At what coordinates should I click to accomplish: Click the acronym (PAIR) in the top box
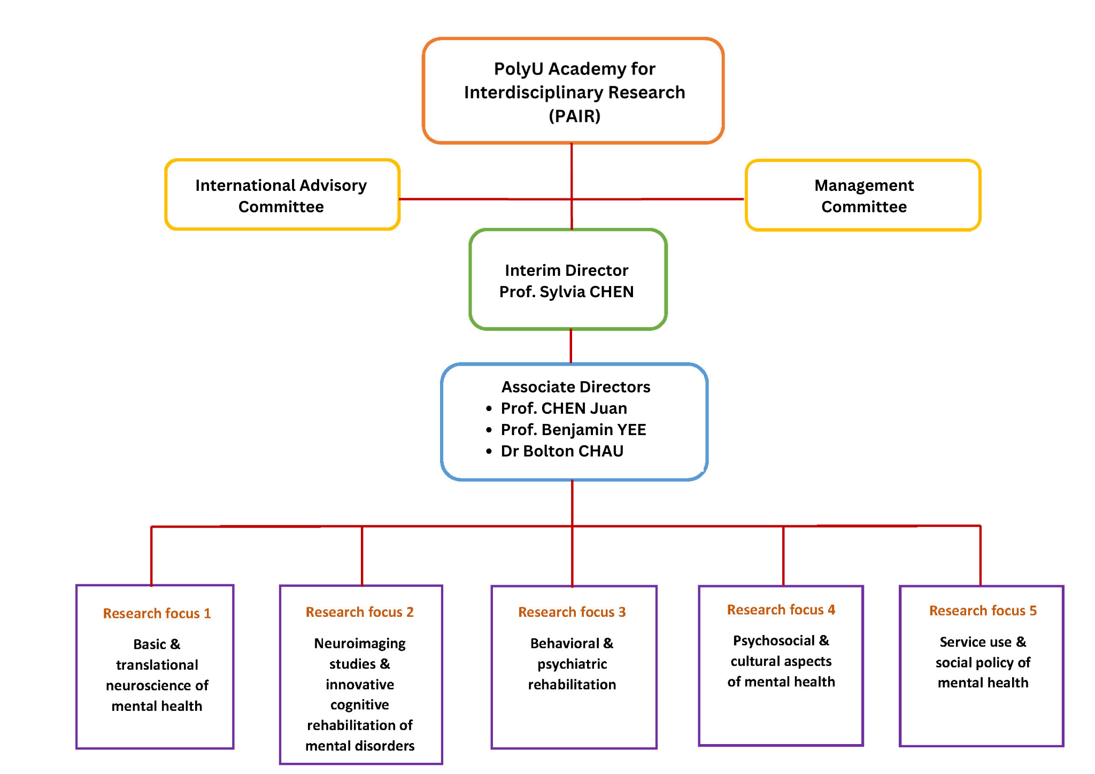[574, 116]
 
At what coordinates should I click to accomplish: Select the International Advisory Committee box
[282, 195]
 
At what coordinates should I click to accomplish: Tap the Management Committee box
[863, 195]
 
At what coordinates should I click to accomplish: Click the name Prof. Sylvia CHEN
[566, 292]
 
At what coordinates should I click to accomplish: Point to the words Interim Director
[566, 270]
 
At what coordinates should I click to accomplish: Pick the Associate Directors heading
[575, 387]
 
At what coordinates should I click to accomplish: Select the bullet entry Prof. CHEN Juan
[564, 408]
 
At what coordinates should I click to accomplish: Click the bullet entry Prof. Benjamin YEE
[573, 430]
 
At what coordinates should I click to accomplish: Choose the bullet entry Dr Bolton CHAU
[562, 451]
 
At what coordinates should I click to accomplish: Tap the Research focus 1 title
[157, 613]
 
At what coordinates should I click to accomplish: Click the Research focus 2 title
[359, 612]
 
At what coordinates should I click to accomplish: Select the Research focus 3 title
[572, 612]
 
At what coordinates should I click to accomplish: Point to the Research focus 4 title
[781, 610]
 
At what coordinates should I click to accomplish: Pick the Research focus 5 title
[983, 610]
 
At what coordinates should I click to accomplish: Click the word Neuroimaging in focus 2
[359, 644]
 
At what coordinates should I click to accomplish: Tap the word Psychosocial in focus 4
[773, 640]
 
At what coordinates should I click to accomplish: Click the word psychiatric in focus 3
[572, 664]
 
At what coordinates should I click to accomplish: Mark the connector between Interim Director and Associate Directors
[570, 346]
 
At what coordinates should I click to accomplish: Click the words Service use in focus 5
[975, 642]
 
